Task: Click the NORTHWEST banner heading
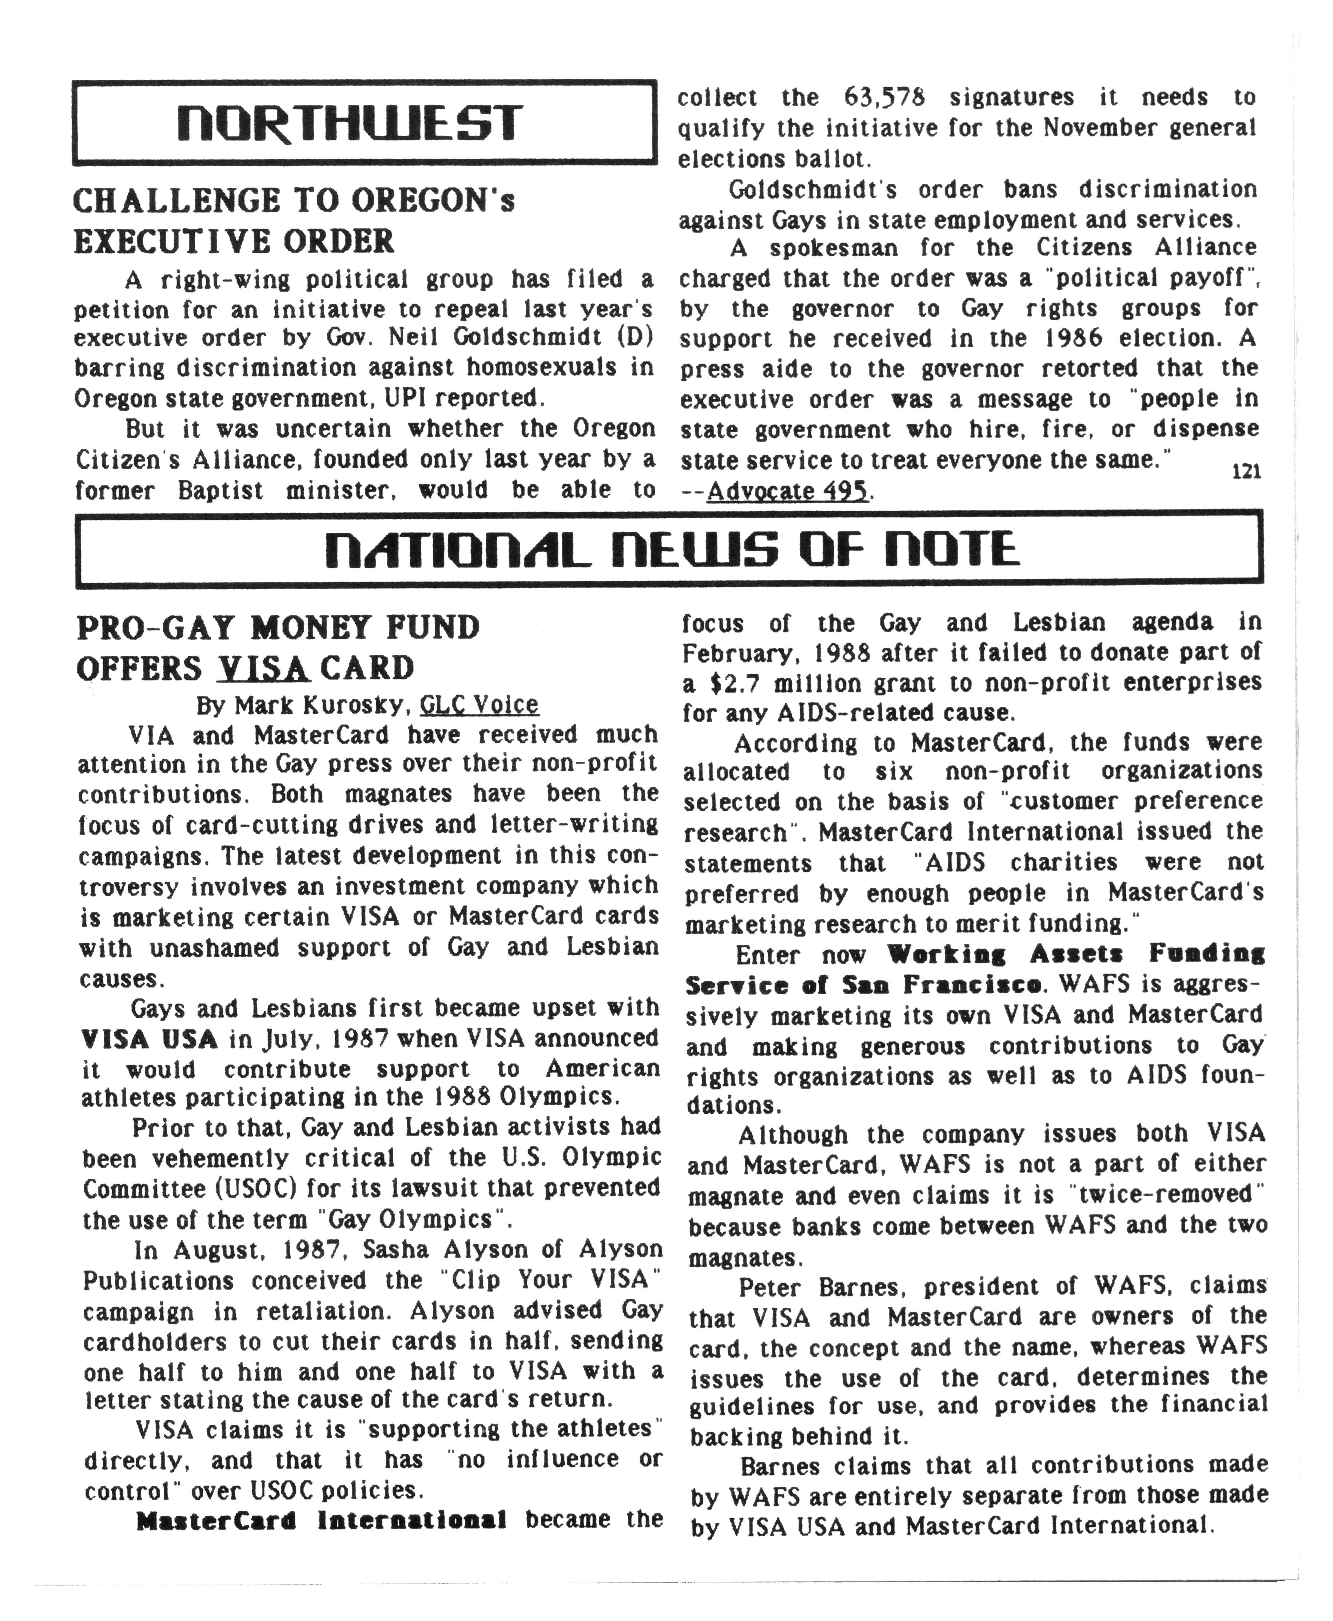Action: (349, 123)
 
